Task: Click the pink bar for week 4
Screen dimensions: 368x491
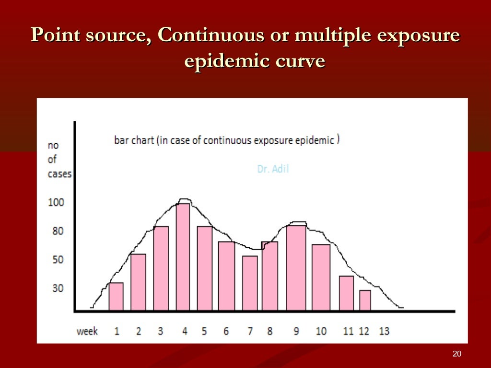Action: pyautogui.click(x=183, y=257)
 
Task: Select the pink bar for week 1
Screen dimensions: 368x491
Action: pyautogui.click(x=116, y=297)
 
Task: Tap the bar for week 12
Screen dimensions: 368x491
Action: pyautogui.click(x=365, y=300)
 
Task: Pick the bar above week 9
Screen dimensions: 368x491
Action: pyautogui.click(x=296, y=268)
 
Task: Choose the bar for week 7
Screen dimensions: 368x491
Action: pyautogui.click(x=250, y=283)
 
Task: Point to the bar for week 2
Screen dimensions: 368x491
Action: pyautogui.click(x=138, y=282)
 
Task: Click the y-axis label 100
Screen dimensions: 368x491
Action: pyautogui.click(x=56, y=202)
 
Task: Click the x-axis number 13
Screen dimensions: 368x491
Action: pyautogui.click(x=384, y=331)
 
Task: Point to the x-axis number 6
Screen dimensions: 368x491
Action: pyautogui.click(x=225, y=331)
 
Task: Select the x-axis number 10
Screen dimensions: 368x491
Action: pyautogui.click(x=321, y=331)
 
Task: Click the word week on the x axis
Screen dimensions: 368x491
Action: pyautogui.click(x=87, y=331)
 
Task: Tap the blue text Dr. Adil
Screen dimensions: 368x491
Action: pyautogui.click(x=273, y=169)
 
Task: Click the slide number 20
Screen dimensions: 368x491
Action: pyautogui.click(x=456, y=354)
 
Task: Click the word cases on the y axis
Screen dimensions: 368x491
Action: pyautogui.click(x=59, y=174)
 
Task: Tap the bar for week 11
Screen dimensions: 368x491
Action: pyautogui.click(x=346, y=293)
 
